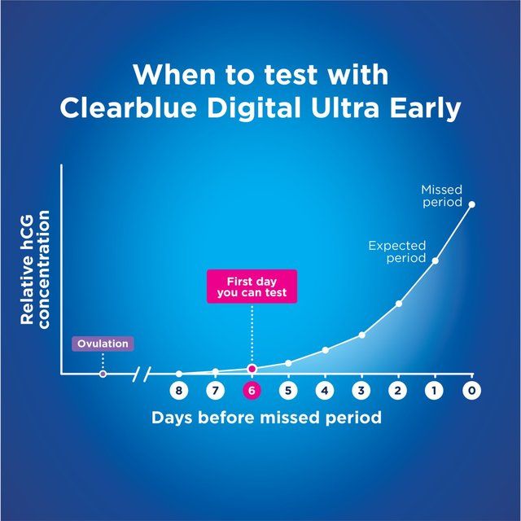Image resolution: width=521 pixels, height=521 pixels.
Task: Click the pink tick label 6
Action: coord(252,391)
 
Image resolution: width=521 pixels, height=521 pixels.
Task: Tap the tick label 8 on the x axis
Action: coord(179,391)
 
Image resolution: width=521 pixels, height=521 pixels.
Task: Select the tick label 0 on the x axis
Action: coord(471,391)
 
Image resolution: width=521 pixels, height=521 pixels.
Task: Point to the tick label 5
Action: coord(288,391)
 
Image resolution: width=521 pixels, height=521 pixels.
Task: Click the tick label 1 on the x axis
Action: coord(435,391)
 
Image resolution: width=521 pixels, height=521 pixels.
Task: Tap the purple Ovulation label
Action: coord(103,344)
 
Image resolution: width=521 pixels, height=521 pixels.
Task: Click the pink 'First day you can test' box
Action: coord(252,286)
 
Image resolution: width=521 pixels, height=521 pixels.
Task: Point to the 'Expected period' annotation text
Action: coord(397,251)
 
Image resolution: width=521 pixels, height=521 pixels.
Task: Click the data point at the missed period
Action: coord(471,204)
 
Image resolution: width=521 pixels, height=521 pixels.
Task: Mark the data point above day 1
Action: coord(435,260)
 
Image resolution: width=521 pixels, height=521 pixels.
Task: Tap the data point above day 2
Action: coord(399,304)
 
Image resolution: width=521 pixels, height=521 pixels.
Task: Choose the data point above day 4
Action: coord(325,350)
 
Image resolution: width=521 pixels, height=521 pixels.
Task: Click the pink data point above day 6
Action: coord(252,369)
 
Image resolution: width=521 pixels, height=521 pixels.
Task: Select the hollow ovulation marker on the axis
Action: coord(103,374)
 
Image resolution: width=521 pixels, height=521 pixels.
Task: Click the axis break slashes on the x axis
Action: coord(142,374)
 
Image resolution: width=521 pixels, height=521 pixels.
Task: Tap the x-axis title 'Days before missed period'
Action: coord(266,418)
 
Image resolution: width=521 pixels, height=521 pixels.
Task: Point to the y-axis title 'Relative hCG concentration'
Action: coord(35,268)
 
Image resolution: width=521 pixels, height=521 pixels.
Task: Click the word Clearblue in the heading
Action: coord(129,108)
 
